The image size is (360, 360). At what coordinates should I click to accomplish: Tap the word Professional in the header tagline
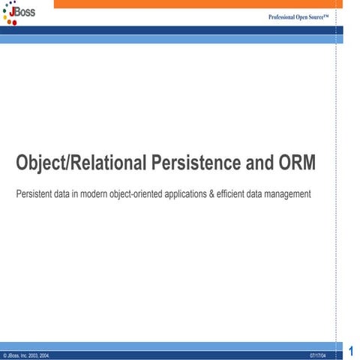[x=284, y=16]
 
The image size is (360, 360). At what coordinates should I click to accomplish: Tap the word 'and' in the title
[x=263, y=163]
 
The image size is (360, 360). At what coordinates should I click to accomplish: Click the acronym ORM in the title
[x=298, y=163]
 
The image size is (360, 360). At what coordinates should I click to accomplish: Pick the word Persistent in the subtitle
[x=34, y=194]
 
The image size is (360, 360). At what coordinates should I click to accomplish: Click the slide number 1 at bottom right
[x=351, y=349]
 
